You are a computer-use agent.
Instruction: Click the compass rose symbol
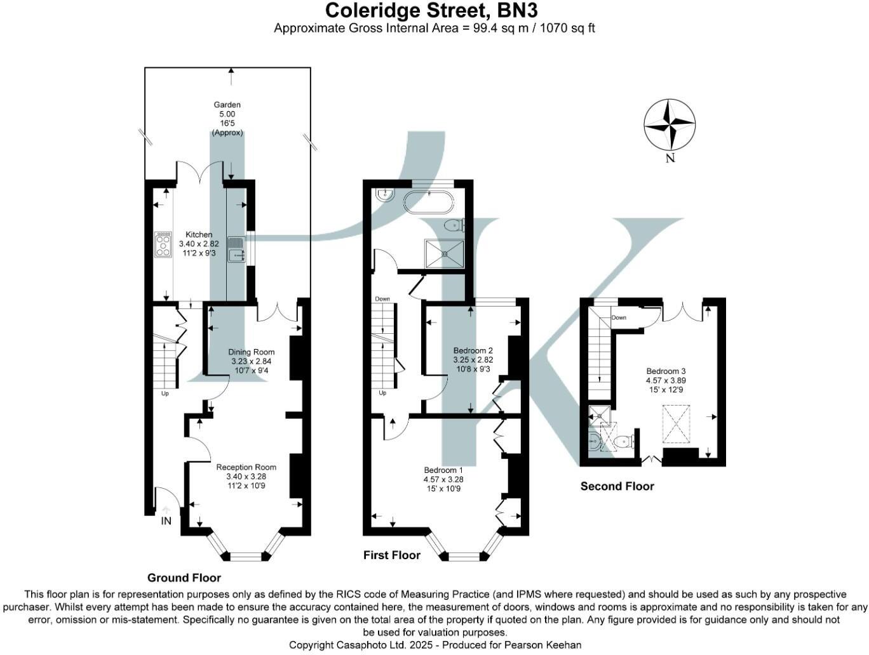tap(670, 124)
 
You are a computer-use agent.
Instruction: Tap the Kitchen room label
tap(199, 234)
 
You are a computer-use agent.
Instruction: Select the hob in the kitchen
tap(163, 244)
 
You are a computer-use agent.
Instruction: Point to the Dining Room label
tap(252, 352)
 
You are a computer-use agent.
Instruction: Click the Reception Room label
tap(246, 467)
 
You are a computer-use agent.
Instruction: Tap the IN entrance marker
tap(166, 521)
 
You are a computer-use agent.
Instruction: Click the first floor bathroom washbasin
tap(384, 196)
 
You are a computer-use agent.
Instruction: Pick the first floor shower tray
tap(444, 253)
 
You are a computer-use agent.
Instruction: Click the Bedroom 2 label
tap(473, 350)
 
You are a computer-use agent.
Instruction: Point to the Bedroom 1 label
tap(443, 470)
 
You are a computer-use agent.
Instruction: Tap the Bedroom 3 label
tap(666, 371)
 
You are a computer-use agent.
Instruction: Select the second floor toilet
tap(624, 442)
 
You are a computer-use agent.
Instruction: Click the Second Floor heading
tap(617, 486)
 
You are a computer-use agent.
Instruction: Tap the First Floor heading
tap(392, 555)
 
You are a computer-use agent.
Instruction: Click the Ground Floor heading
tap(184, 578)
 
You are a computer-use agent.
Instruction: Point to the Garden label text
tap(227, 105)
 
